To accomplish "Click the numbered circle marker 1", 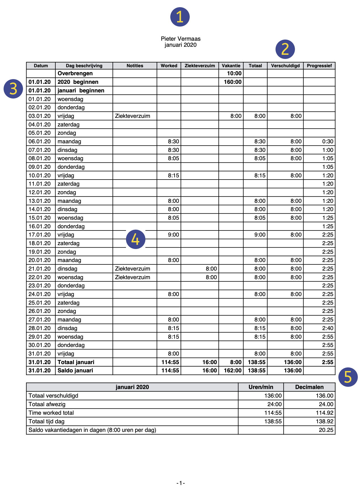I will (x=180, y=17).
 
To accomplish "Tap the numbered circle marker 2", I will (x=285, y=49).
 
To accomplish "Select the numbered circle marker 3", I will (x=13, y=89).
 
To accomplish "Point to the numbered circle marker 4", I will (x=136, y=239).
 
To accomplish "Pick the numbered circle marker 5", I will (x=348, y=377).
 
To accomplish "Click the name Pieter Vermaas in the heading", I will (x=181, y=39).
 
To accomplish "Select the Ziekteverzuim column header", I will (x=200, y=66).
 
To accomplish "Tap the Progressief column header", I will (x=319, y=66).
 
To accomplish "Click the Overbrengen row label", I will (x=75, y=73).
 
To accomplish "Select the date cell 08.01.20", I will (x=40, y=158).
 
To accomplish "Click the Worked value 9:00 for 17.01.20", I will (x=174, y=235).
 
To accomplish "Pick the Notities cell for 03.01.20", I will (x=133, y=116).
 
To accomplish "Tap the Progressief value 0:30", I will (x=328, y=141).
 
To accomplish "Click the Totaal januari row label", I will (x=76, y=362).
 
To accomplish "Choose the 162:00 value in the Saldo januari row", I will (x=233, y=370).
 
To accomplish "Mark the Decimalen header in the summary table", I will (x=309, y=387).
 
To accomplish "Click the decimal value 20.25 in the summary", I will (x=326, y=430).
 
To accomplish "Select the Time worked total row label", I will (x=51, y=413).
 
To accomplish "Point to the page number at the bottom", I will (x=181, y=483).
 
